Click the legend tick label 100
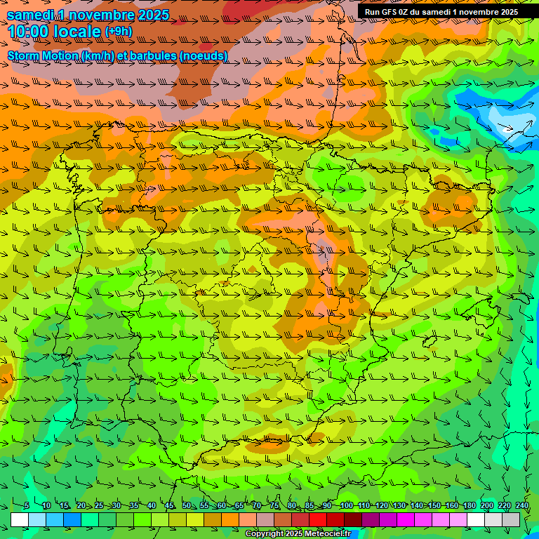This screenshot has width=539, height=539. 346,505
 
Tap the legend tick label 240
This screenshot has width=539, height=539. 521,505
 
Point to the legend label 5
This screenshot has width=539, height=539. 26,505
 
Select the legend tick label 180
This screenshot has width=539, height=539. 470,505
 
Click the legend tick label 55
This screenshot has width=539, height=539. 204,505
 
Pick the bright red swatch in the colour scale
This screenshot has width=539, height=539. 318,519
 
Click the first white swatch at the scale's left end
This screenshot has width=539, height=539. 20,519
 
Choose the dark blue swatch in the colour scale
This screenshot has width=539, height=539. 72,519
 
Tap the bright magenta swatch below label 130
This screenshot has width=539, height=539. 406,519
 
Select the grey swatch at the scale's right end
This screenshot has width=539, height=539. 511,519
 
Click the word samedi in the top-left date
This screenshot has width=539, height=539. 31,15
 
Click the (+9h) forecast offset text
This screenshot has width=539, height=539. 119,32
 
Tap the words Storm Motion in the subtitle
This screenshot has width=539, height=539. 43,56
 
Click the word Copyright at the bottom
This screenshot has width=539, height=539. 265,534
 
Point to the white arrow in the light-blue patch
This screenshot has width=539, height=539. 507,128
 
